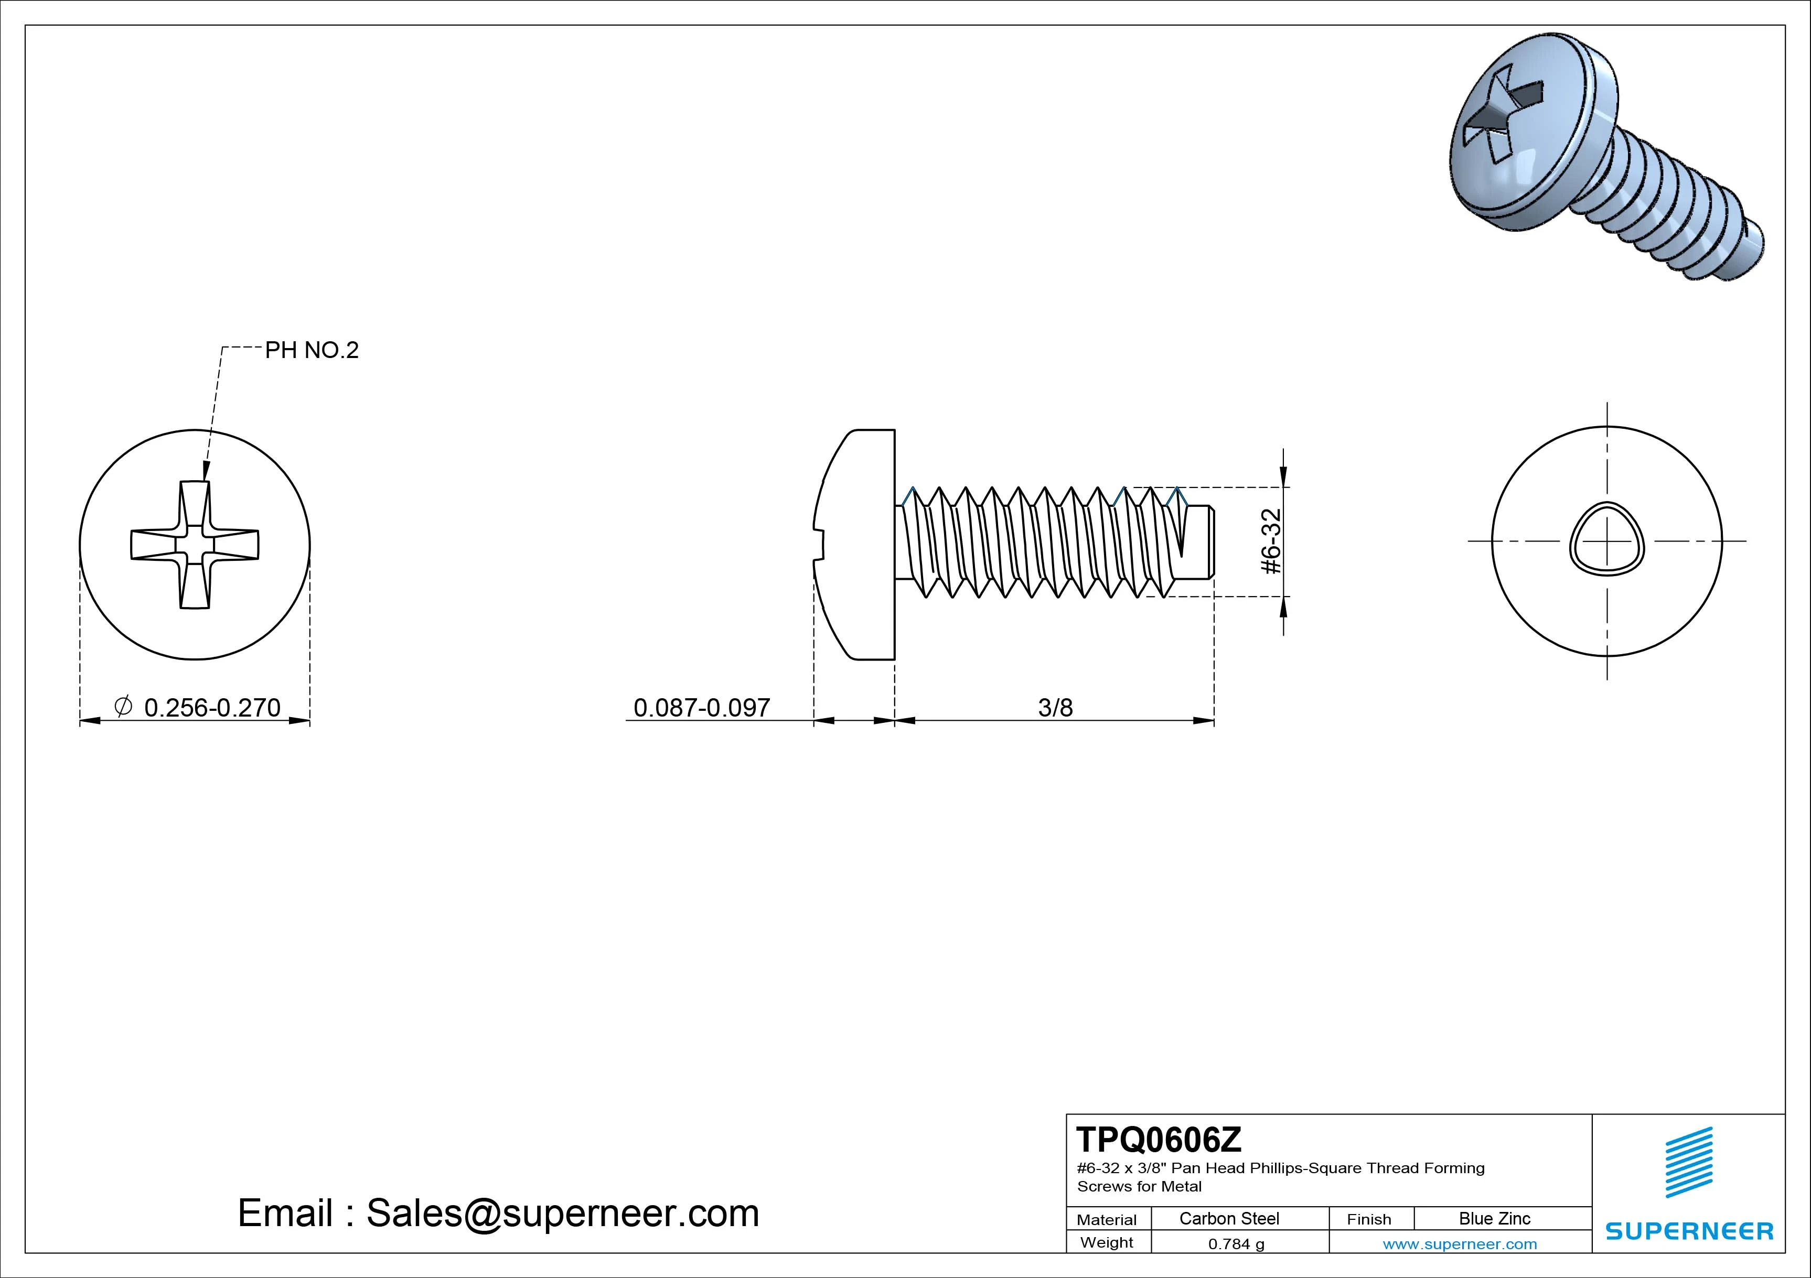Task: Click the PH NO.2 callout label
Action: (312, 350)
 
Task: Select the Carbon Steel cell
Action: (1229, 1219)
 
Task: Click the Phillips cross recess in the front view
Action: (195, 545)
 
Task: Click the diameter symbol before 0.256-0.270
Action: (123, 707)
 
